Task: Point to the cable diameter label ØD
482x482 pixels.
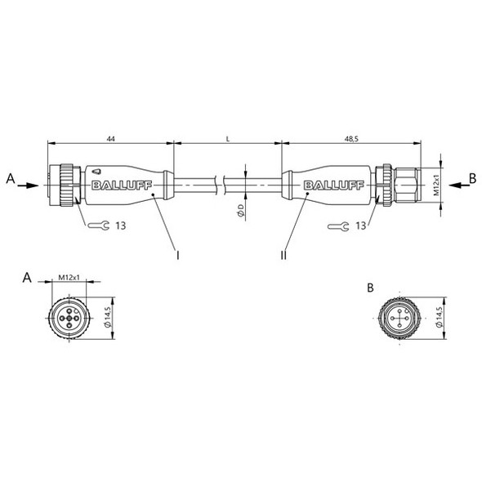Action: tap(239, 212)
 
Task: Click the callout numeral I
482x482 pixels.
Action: tap(177, 255)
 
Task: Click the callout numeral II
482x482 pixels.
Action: tap(283, 255)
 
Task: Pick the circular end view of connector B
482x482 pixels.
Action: tap(399, 315)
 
